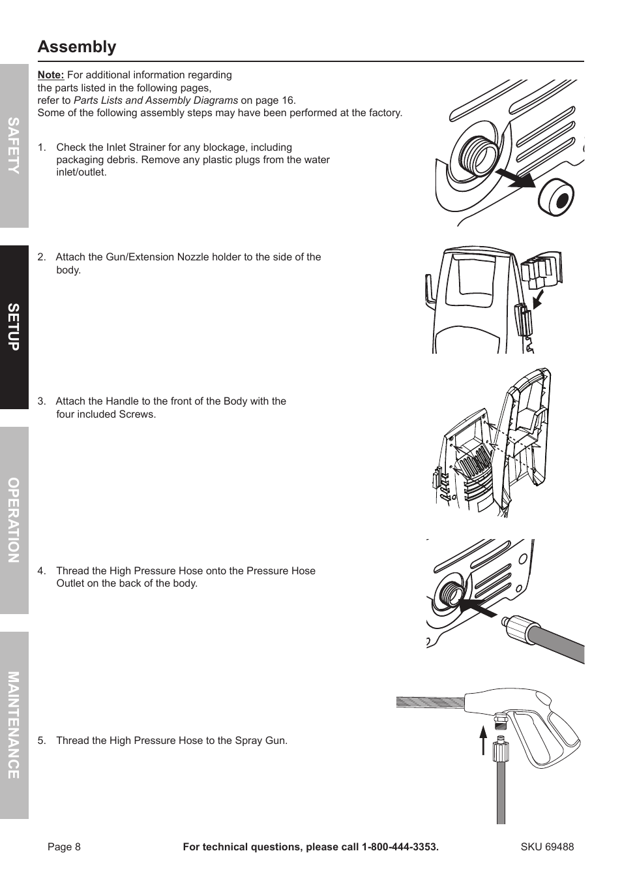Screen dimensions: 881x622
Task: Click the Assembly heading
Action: click(77, 47)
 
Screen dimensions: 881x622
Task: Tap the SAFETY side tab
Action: click(14, 146)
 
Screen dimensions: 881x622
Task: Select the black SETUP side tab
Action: click(14, 327)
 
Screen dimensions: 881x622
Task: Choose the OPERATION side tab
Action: click(14, 520)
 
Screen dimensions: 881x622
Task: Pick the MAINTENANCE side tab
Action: click(14, 725)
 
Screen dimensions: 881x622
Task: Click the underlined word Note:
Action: click(51, 75)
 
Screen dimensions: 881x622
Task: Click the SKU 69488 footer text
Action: click(547, 847)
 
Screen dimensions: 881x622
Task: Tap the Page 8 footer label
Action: click(64, 847)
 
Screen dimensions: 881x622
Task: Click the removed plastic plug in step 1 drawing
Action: click(555, 196)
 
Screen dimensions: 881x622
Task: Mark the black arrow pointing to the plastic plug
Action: click(514, 178)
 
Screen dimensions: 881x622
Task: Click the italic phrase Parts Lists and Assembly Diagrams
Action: click(156, 100)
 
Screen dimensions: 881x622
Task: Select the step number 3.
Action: click(41, 401)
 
